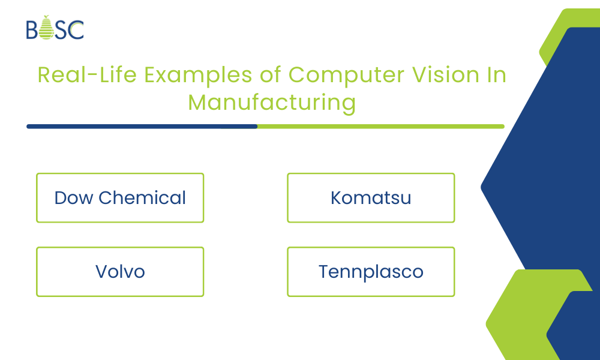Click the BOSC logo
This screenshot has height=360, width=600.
tap(55, 29)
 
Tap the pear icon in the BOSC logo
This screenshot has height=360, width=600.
tap(45, 29)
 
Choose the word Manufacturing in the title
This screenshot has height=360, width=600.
tap(272, 102)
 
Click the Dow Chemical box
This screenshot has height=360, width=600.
tap(120, 198)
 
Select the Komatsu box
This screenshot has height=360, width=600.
tap(371, 198)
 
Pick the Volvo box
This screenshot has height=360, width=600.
tap(120, 272)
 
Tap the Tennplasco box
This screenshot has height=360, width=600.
tap(371, 272)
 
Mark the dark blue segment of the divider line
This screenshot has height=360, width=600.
tap(142, 127)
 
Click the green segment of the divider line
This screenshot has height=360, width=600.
tap(381, 127)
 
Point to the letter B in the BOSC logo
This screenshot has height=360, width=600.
tap(32, 29)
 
